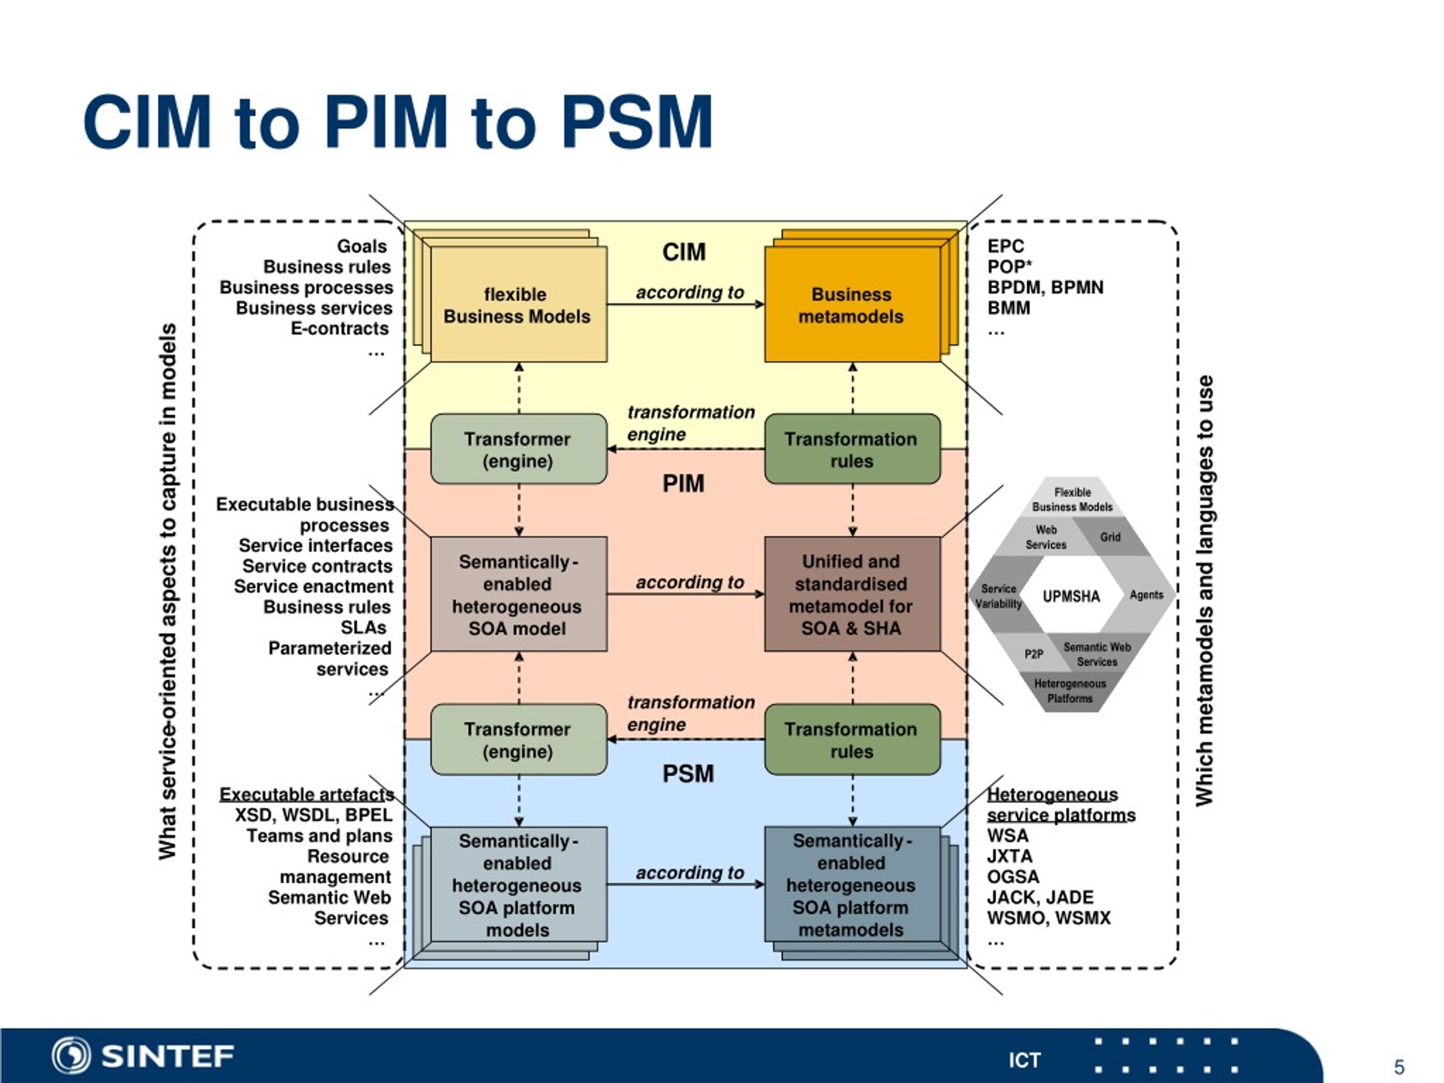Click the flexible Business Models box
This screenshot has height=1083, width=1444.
pos(519,304)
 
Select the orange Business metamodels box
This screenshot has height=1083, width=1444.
pos(852,304)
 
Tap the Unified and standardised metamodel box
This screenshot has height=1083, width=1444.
pos(852,594)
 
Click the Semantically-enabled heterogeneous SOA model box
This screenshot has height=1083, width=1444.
pos(519,594)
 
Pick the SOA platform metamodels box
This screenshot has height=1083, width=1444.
pos(852,884)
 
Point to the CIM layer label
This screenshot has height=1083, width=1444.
pos(684,252)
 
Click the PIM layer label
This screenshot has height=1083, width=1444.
pos(684,484)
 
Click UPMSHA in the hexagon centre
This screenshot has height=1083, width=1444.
pos(1071,596)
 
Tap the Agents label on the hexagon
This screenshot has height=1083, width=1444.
pos(1146,595)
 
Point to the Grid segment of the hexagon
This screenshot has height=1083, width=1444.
pos(1110,537)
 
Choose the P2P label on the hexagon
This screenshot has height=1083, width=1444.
pos(1033,653)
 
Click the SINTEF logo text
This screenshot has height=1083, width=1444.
pos(168,1055)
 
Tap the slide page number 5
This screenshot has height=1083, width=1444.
pos(1399,1067)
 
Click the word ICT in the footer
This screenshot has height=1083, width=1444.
pos(1024,1060)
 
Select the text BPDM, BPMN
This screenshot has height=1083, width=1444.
pos(1045,287)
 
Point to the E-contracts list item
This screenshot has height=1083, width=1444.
pos(340,328)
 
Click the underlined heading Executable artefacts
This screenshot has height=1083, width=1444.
pos(307,794)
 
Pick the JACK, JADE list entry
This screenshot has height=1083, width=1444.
pos(1040,897)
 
